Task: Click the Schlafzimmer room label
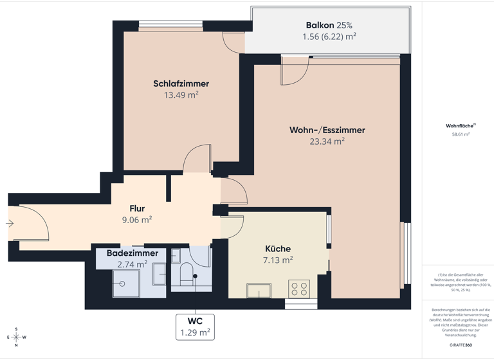181,84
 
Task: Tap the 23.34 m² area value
327,142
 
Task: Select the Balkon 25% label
329,25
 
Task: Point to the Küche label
278,249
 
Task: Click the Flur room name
137,208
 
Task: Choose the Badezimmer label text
133,253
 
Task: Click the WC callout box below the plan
196,326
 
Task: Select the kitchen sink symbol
259,291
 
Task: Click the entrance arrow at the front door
10,224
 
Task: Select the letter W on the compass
24,337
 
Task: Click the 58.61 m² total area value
461,135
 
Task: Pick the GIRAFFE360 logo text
461,345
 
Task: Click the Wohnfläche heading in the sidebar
459,126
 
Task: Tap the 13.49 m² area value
181,95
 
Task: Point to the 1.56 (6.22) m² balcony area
329,37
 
